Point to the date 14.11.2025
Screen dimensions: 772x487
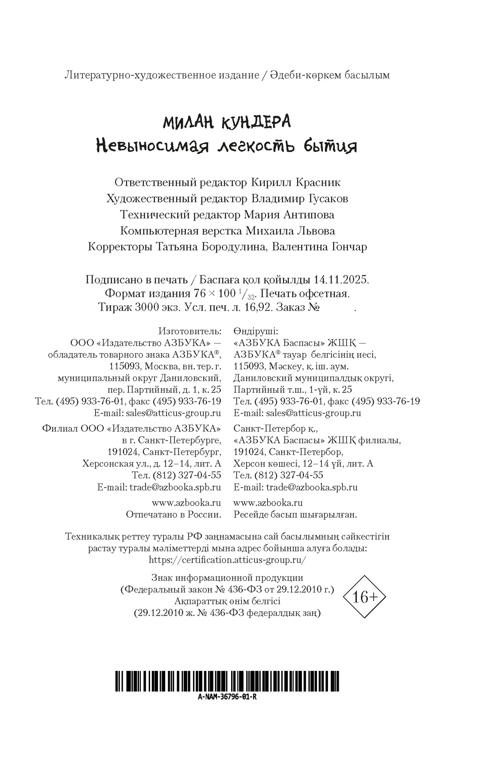[340, 280]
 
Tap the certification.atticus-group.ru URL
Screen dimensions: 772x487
[228, 560]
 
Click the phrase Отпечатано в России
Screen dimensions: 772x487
[174, 515]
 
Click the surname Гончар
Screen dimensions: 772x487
[349, 247]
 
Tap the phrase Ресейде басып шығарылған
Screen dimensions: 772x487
[295, 515]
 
